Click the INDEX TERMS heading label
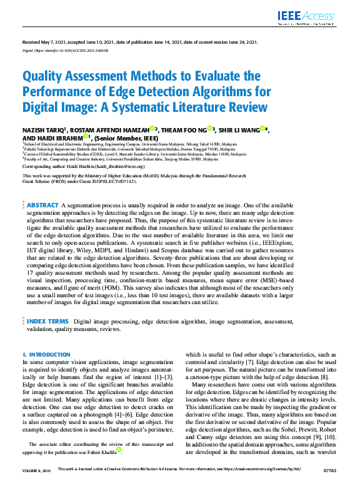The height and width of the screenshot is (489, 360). click(x=47, y=322)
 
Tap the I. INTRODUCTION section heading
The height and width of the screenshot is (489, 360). click(x=47, y=354)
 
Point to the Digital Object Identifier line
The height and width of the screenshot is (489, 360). click(x=66, y=49)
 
